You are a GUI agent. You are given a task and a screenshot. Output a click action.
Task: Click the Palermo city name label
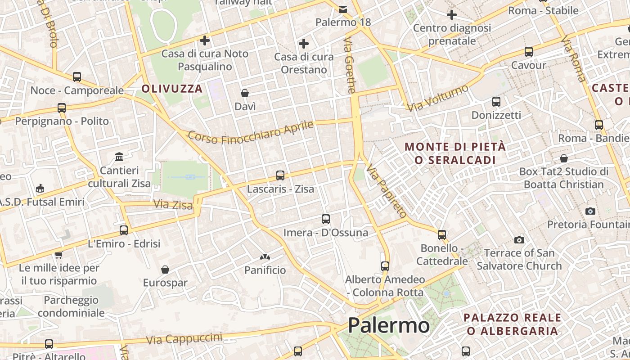tap(389, 325)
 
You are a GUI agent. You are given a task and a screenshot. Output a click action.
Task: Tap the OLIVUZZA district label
tap(172, 89)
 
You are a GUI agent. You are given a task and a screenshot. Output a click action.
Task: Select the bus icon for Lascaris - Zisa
tap(280, 175)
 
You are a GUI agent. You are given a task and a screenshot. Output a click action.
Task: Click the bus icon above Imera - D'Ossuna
tap(326, 219)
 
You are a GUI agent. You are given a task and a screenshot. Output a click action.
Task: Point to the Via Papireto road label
tap(386, 190)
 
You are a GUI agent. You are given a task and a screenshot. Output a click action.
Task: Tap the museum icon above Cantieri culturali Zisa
tap(119, 157)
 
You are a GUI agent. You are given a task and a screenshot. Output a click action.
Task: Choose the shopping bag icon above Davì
tap(245, 93)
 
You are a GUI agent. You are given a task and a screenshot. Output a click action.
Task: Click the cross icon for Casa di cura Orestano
tap(304, 44)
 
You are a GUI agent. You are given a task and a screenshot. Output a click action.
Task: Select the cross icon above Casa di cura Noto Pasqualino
tap(205, 41)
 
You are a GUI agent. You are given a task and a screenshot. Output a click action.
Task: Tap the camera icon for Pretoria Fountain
tap(590, 211)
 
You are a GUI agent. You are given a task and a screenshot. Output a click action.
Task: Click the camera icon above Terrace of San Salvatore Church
tap(519, 240)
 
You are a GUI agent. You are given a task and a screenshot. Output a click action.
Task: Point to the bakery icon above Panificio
tap(265, 257)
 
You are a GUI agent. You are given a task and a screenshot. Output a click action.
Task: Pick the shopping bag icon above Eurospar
tap(165, 270)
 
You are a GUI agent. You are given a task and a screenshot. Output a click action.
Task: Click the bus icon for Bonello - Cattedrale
tap(442, 234)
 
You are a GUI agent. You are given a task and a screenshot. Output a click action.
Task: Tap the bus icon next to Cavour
tap(529, 52)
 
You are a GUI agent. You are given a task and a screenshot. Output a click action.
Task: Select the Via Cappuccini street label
tap(184, 339)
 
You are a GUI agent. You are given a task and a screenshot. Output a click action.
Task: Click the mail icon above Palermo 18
tap(343, 9)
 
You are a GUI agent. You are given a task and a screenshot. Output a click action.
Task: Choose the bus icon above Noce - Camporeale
tap(77, 77)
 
